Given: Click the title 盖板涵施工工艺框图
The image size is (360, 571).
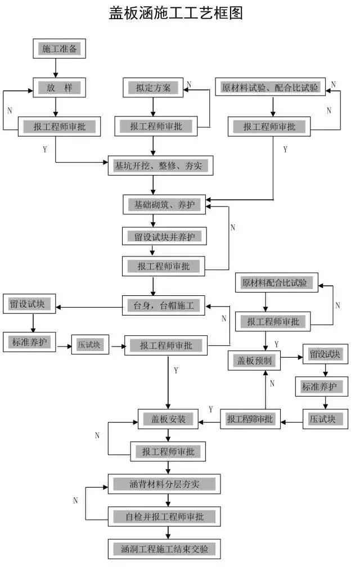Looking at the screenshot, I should tap(176, 14).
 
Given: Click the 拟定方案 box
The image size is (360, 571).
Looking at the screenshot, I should tap(152, 88).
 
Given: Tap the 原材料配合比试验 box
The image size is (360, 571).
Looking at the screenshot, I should tap(274, 282).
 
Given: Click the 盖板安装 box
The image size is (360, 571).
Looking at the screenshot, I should tap(168, 420).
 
